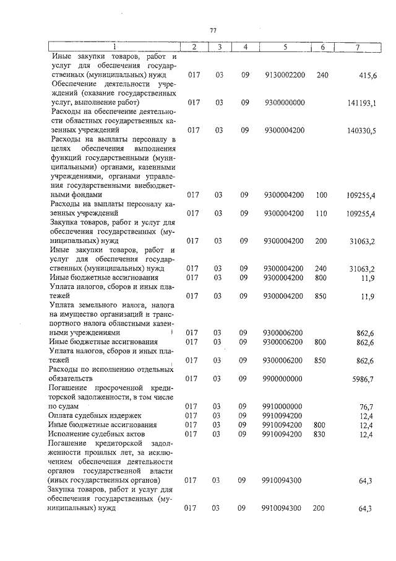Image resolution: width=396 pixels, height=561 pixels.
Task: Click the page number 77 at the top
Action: (x=212, y=31)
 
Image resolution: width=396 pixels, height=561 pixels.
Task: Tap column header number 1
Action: (x=114, y=47)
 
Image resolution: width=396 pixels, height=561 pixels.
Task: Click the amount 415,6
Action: (x=369, y=75)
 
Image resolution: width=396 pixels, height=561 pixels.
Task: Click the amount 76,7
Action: (x=368, y=406)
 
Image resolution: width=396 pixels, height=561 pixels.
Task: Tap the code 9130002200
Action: (x=284, y=75)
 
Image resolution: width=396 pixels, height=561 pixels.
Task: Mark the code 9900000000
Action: (x=284, y=378)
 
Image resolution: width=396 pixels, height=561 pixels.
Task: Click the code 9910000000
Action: (x=284, y=406)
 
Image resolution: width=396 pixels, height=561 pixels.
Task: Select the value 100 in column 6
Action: (x=321, y=195)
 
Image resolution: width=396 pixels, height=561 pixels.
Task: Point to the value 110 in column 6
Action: (x=321, y=213)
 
